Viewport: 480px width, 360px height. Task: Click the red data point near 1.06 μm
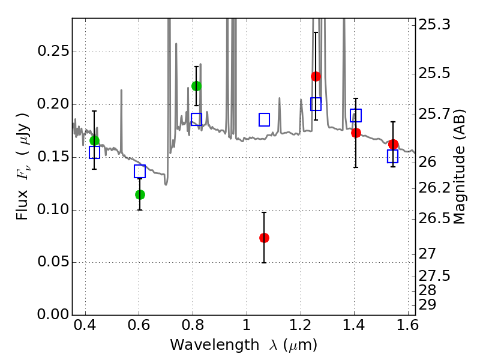(x=264, y=238)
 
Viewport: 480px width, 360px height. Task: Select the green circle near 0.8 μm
(x=197, y=86)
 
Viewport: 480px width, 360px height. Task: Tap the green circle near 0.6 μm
(x=140, y=194)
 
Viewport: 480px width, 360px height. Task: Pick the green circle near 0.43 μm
(x=95, y=140)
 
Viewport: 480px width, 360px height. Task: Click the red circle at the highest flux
(x=316, y=76)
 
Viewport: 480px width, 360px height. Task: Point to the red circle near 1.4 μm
(x=356, y=133)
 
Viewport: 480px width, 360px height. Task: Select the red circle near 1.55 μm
(x=393, y=144)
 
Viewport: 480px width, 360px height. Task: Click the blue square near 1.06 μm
(x=264, y=119)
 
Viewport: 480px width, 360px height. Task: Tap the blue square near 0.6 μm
(x=140, y=171)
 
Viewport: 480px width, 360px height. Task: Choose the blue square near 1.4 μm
(x=356, y=115)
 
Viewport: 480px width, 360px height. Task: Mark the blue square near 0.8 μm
(x=197, y=119)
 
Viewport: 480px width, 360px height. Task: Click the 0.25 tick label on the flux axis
(x=53, y=51)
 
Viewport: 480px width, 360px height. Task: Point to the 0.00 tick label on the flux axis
(x=53, y=314)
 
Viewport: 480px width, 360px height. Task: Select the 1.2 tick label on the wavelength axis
(x=301, y=325)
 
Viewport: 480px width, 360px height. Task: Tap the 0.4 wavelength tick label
(x=85, y=325)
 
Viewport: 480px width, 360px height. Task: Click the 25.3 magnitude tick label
(x=434, y=25)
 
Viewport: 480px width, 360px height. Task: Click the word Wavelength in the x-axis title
(x=215, y=345)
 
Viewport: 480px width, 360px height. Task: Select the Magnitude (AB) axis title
(x=458, y=167)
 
